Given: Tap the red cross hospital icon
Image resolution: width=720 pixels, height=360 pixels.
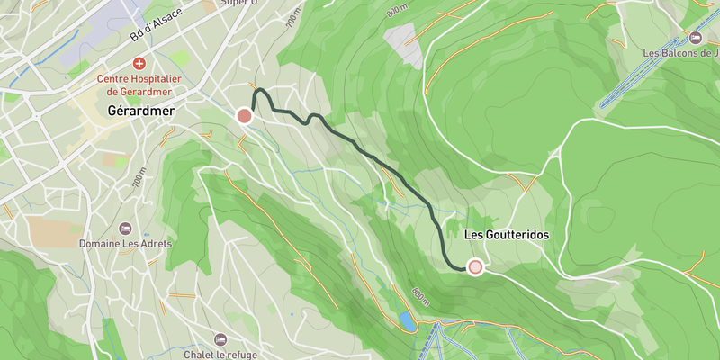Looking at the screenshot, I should tap(139, 64).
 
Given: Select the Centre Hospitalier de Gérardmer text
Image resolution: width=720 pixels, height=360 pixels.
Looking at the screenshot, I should tap(139, 85).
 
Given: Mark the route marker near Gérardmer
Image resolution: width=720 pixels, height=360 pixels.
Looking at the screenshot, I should tap(244, 115).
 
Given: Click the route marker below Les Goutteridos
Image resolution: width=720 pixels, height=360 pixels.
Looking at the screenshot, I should tap(474, 266).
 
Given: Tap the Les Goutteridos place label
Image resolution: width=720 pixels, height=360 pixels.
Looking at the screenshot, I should tap(506, 234).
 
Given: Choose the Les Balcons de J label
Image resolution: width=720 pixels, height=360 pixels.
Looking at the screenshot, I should tap(680, 53).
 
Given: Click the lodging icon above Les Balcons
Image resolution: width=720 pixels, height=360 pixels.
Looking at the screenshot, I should tap(695, 37).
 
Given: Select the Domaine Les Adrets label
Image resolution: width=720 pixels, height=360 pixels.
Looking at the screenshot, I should tap(125, 244).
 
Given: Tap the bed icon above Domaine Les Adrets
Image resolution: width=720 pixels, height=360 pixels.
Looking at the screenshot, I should tap(125, 228).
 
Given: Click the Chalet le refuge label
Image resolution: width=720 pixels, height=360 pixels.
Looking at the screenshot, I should tap(220, 354).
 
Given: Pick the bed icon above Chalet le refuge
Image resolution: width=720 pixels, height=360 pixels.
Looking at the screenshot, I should tap(220, 339).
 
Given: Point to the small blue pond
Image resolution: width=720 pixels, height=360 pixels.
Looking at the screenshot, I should tap(408, 319).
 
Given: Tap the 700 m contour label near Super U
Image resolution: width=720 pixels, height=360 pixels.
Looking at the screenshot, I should tap(292, 18).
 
